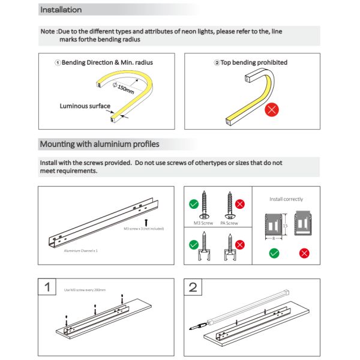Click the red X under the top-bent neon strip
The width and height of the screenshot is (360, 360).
271,110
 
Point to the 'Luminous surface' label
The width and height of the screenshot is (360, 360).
85,106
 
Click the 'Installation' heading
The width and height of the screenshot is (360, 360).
61,10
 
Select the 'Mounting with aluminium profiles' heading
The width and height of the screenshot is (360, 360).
99,145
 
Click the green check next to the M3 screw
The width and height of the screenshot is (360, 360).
194,204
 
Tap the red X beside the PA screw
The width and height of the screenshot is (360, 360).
241,204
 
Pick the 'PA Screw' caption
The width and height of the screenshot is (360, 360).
229,223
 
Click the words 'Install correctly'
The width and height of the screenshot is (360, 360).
286,199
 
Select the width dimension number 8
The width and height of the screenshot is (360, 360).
274,238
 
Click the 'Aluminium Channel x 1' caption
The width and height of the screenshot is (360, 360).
80,250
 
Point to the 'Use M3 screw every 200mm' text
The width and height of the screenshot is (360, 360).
85,290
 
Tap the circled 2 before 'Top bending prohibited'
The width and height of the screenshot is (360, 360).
217,62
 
